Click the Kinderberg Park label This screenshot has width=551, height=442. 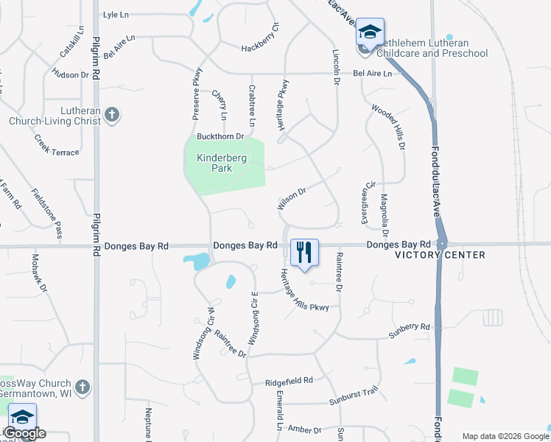pos(214,163)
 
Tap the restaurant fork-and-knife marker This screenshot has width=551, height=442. pos(303,252)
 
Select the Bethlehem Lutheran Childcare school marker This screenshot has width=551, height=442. pos(370,33)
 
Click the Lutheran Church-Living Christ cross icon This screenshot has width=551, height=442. pos(111,115)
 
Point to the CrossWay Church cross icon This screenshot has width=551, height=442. pos(83,387)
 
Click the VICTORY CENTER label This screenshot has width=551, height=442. pos(441,255)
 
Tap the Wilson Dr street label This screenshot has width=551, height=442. pos(291,198)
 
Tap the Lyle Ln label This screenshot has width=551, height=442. pos(115,14)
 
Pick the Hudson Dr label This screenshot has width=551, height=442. pos(70,74)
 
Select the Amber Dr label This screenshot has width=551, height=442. pos(305,429)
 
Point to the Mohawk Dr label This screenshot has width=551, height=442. pos(38,273)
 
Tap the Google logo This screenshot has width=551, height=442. pos(25,433)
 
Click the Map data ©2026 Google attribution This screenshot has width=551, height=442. pos(505,435)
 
